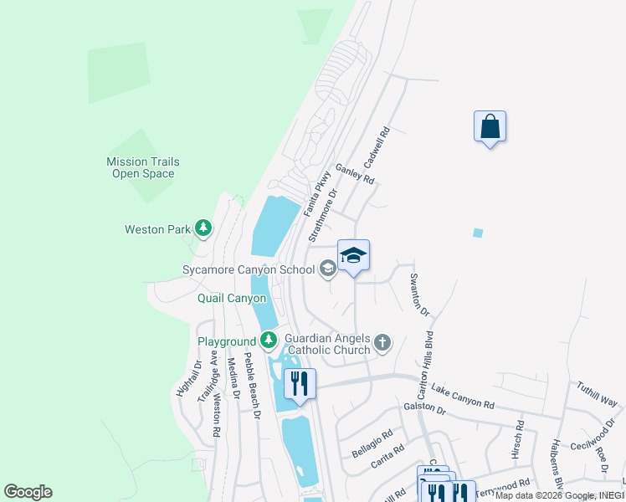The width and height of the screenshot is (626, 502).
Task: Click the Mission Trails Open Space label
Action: [142, 167]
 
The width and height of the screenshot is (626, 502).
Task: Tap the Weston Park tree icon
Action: [203, 228]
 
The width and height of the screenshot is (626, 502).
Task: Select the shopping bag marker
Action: [490, 127]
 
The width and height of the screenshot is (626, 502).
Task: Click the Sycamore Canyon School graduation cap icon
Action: [327, 269]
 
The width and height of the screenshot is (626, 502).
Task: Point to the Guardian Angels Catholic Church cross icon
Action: [382, 341]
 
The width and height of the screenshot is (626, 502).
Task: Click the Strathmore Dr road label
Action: [322, 215]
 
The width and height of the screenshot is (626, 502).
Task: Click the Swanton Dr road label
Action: [419, 294]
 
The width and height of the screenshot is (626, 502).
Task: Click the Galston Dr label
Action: [423, 407]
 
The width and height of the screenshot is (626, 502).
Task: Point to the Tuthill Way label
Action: [597, 394]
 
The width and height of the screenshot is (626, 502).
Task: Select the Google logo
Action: [28, 492]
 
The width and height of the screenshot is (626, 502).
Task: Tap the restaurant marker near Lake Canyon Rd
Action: [300, 385]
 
